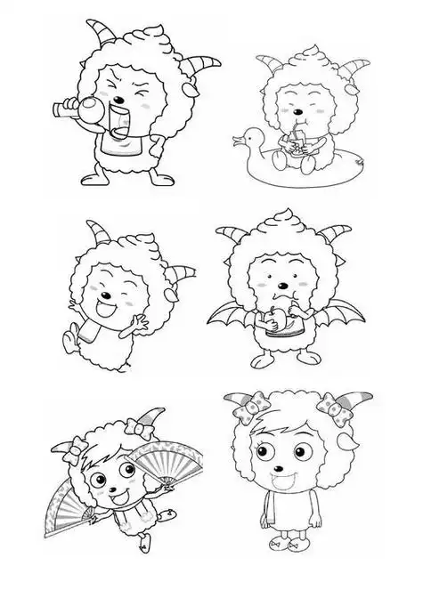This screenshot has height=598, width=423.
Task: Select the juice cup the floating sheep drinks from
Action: click(291, 143)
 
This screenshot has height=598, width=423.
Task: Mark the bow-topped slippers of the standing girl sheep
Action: click(281, 564)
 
